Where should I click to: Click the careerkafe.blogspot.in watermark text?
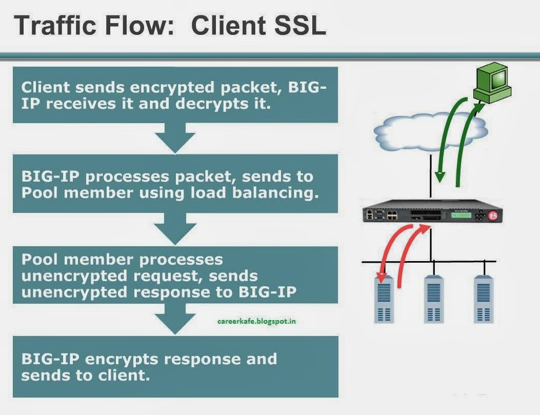point(256,322)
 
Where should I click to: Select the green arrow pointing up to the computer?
point(469,144)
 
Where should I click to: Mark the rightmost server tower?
point(483,299)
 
